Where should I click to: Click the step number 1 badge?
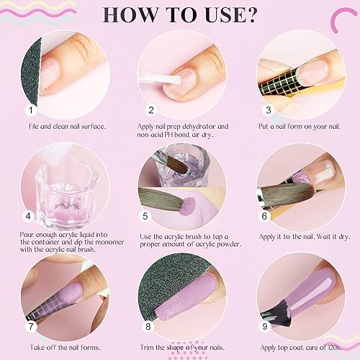(31, 110)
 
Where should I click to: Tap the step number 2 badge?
(152, 110)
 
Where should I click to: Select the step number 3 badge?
(269, 110)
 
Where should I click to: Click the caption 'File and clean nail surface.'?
(68, 126)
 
